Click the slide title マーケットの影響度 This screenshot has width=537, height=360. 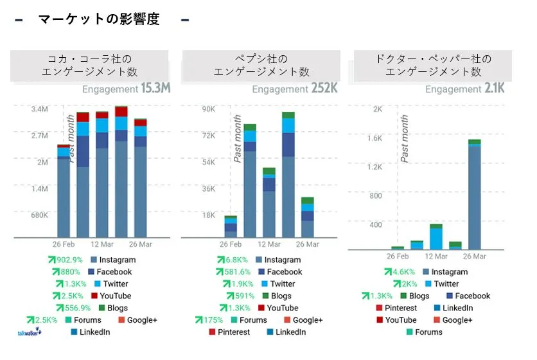click(98, 19)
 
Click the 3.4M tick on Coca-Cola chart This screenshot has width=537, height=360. click(40, 109)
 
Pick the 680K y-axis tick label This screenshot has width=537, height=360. click(40, 215)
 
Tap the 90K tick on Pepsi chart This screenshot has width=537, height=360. click(208, 109)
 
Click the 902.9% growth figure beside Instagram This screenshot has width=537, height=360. click(65, 260)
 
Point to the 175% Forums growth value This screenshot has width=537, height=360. click(213, 320)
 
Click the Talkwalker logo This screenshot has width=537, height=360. click(29, 332)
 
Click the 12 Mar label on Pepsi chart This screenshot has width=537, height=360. click(269, 245)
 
